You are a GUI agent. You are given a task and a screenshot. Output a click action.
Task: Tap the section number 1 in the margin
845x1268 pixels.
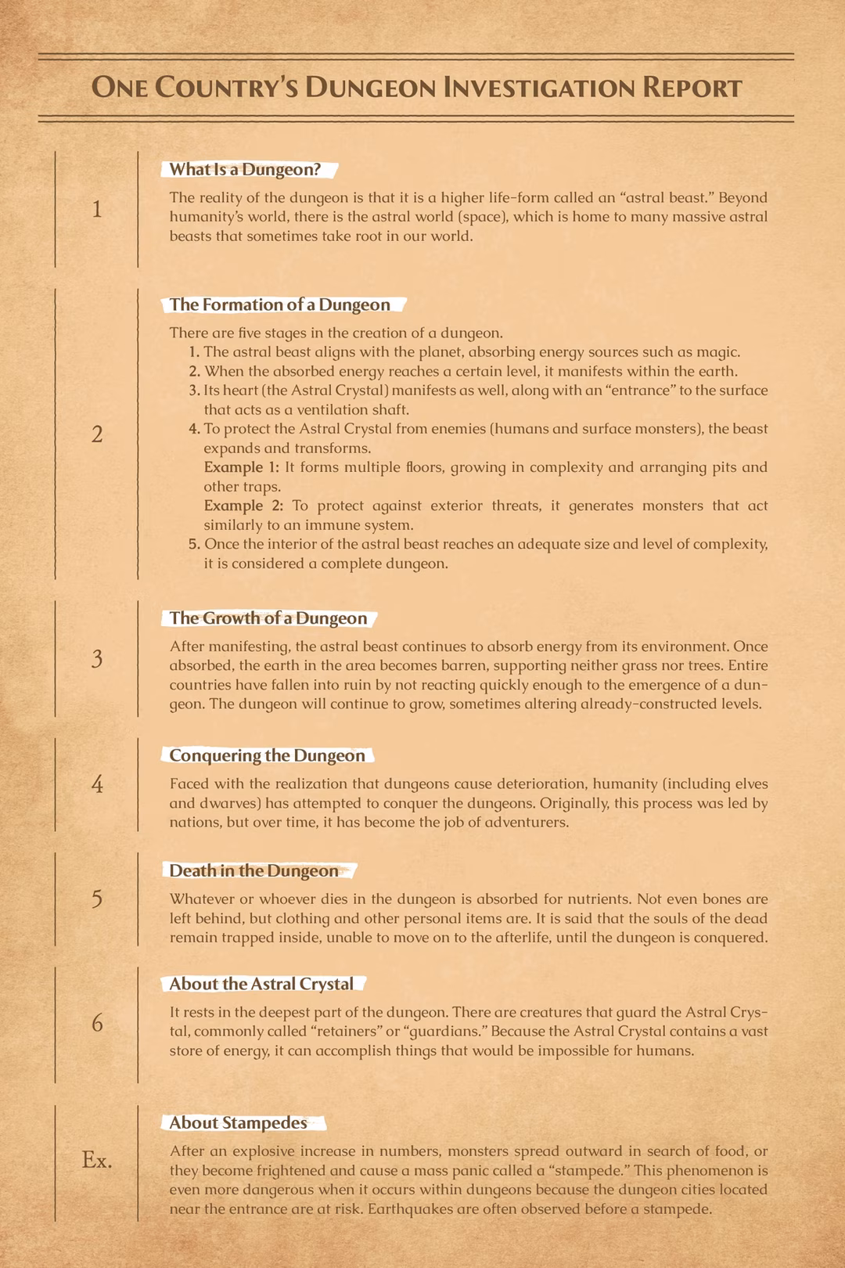[97, 209]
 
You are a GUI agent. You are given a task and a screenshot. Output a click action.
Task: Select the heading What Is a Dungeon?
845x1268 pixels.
[245, 169]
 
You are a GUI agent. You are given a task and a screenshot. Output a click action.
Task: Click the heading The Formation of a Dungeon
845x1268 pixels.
[279, 304]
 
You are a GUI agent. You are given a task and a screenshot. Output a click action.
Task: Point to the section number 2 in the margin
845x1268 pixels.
[97, 434]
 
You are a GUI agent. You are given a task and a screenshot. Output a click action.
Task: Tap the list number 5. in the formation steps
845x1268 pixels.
[195, 544]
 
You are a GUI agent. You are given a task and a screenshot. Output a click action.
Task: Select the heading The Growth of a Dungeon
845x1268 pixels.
[268, 618]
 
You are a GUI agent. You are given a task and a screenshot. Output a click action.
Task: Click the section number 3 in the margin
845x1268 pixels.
[97, 659]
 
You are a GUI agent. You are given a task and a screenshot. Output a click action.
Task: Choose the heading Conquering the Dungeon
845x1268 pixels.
[267, 755]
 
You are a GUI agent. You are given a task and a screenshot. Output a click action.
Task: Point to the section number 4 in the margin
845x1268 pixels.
[97, 783]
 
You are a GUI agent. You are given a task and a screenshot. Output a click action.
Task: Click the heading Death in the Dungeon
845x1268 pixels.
[253, 871]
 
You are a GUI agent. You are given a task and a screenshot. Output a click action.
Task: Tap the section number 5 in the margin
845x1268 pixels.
[97, 899]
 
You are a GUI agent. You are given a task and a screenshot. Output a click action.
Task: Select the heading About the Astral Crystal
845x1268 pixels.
[261, 984]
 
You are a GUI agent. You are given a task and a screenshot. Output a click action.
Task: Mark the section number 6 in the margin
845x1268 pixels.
[97, 1023]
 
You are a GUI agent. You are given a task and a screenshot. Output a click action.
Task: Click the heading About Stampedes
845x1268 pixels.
[238, 1123]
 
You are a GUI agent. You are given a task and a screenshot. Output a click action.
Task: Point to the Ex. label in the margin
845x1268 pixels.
[97, 1160]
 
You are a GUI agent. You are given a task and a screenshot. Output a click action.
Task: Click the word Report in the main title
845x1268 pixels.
[692, 88]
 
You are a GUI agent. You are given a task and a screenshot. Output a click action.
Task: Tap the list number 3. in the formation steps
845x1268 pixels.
[195, 391]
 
